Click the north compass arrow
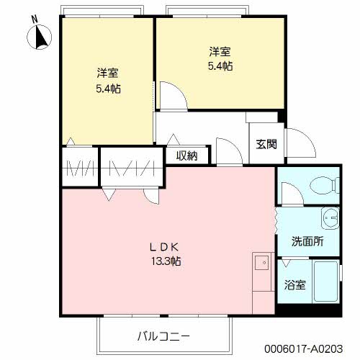pyautogui.click(x=41, y=35)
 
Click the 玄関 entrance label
pyautogui.click(x=266, y=143)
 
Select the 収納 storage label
pyautogui.click(x=187, y=156)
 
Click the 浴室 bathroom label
pyautogui.click(x=296, y=284)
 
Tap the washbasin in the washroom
pyautogui.click(x=330, y=216)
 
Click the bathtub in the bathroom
pyautogui.click(x=326, y=284)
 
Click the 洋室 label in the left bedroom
pyautogui.click(x=108, y=73)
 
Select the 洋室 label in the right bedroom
pyautogui.click(x=220, y=52)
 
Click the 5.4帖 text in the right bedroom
pyautogui.click(x=220, y=66)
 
